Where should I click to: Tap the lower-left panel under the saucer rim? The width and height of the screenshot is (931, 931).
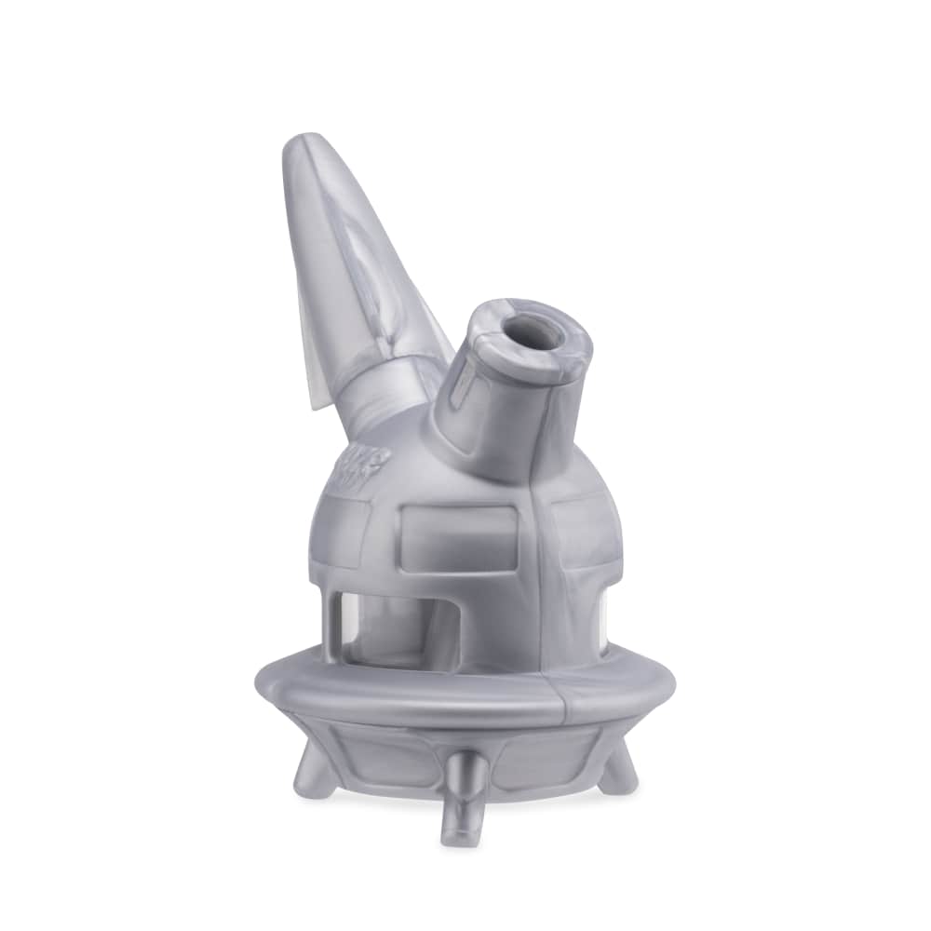click(372, 745)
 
